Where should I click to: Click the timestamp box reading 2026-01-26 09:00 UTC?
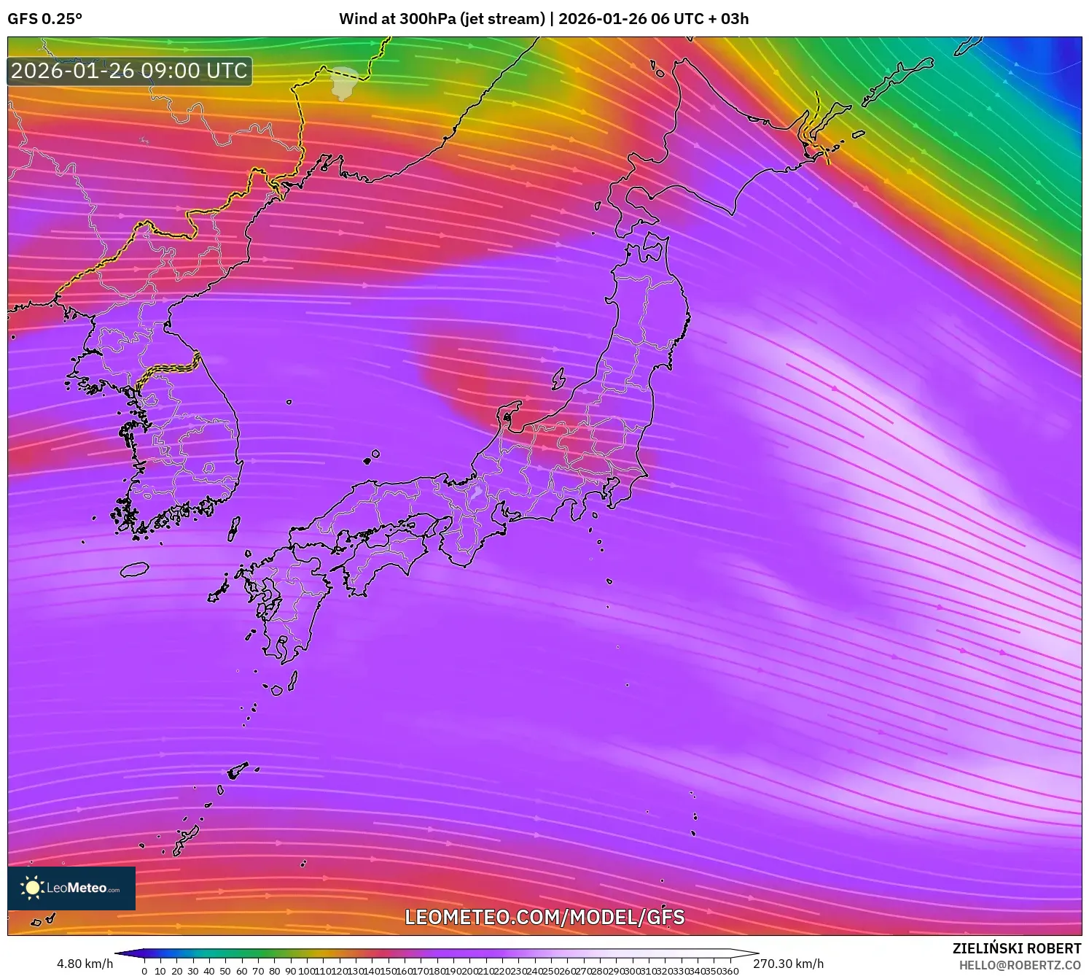[130, 71]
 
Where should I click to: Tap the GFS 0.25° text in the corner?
[44, 19]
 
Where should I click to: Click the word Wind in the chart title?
[356, 19]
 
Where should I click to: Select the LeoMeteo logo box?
[71, 888]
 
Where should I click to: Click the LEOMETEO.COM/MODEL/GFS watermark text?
[544, 917]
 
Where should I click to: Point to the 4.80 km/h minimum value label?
[85, 964]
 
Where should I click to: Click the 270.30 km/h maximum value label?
[788, 964]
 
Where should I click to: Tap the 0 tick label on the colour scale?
[144, 971]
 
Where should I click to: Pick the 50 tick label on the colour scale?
[225, 971]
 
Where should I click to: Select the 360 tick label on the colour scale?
[731, 971]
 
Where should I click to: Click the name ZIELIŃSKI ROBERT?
[1016, 948]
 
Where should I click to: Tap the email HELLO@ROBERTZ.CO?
[1020, 965]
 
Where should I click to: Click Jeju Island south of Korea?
[134, 569]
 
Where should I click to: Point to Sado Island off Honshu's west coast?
[558, 378]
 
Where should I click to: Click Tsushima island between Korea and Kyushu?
[234, 528]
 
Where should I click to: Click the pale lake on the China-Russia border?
[343, 82]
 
